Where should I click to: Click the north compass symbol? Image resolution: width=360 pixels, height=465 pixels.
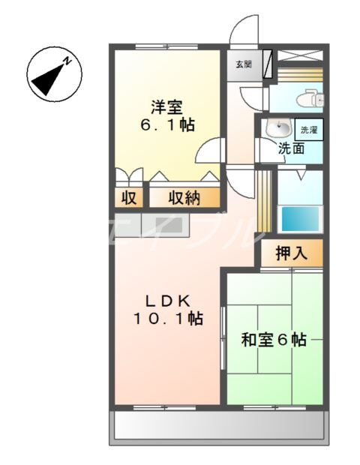pyautogui.click(x=50, y=75)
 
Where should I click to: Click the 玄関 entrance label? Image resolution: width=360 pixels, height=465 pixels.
pyautogui.click(x=244, y=64)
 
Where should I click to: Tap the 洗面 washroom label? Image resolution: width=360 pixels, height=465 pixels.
pyautogui.click(x=291, y=148)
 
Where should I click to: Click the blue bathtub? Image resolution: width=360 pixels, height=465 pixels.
pyautogui.click(x=300, y=218)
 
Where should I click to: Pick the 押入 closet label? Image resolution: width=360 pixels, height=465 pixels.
pyautogui.click(x=291, y=253)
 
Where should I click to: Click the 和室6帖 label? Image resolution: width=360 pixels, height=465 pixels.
pyautogui.click(x=274, y=340)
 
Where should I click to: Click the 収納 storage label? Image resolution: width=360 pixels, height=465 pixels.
pyautogui.click(x=184, y=198)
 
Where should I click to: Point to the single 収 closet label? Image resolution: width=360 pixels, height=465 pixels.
pyautogui.click(x=128, y=198)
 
